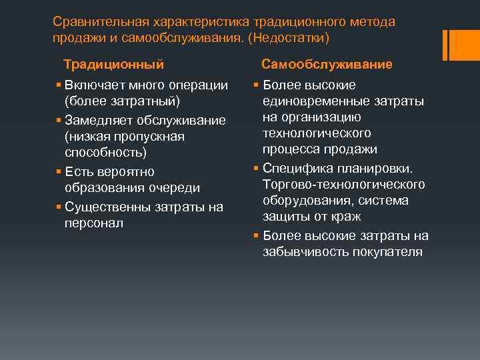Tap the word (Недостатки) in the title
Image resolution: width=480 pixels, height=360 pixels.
(x=288, y=38)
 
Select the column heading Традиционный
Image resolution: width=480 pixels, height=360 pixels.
(x=113, y=65)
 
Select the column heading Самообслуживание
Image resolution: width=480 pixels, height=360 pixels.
(x=327, y=65)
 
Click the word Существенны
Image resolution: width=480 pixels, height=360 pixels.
(x=111, y=207)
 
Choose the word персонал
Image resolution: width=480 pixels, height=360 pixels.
(x=94, y=223)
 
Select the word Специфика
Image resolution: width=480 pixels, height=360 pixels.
(x=294, y=167)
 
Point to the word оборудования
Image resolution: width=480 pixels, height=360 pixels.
(x=303, y=201)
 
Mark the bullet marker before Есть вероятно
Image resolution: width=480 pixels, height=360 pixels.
(x=59, y=172)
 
